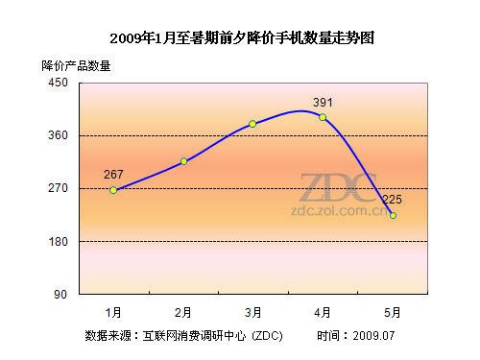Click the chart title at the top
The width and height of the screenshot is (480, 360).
click(242, 38)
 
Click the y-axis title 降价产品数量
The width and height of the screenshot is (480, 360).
click(76, 66)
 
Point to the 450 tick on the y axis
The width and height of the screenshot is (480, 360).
click(59, 83)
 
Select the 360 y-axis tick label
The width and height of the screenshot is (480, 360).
click(59, 135)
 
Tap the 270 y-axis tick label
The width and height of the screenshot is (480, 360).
click(59, 188)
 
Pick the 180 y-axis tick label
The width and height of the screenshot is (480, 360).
click(59, 242)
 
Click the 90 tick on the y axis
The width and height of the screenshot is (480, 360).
click(60, 295)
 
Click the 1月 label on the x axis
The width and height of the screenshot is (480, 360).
click(113, 312)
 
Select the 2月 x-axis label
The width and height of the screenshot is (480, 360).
click(183, 312)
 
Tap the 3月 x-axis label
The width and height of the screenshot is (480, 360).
click(252, 312)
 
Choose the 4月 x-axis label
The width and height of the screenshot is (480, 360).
click(323, 312)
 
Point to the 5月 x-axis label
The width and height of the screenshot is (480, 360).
click(393, 312)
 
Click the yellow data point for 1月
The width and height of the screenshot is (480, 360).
click(113, 190)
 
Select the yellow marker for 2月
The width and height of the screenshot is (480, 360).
click(183, 161)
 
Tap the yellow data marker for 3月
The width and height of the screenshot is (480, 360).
click(252, 124)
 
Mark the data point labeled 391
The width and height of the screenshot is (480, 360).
click(323, 117)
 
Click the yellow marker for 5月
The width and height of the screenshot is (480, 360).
click(393, 216)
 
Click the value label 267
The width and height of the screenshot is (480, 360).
click(113, 175)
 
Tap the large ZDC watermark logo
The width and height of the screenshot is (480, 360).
click(338, 187)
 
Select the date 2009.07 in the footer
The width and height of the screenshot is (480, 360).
click(373, 336)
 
